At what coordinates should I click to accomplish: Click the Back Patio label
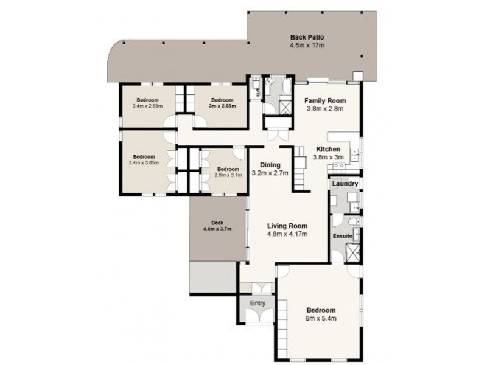(x=306, y=37)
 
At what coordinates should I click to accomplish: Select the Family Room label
(x=325, y=101)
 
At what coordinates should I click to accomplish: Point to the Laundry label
(x=345, y=184)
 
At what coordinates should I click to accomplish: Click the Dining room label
(x=270, y=165)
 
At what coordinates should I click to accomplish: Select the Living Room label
(x=287, y=225)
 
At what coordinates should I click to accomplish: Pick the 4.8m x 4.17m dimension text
(x=287, y=233)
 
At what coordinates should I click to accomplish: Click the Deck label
(x=218, y=222)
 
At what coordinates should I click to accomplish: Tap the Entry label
(x=259, y=302)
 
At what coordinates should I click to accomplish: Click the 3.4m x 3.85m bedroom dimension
(x=144, y=162)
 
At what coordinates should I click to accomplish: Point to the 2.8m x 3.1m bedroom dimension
(x=229, y=175)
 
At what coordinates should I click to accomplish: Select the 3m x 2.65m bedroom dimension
(x=222, y=106)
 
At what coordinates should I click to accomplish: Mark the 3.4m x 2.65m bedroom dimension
(x=147, y=106)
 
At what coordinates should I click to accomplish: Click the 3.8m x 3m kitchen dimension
(x=329, y=157)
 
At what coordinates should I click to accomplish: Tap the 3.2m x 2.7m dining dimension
(x=270, y=173)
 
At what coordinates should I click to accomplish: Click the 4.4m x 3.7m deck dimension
(x=218, y=229)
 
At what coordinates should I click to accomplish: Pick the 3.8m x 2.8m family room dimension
(x=325, y=109)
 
